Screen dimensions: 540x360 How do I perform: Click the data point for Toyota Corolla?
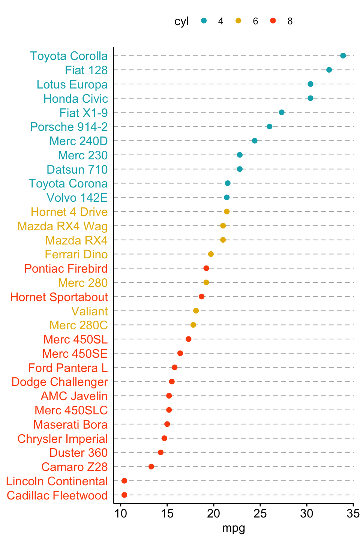[x=343, y=56]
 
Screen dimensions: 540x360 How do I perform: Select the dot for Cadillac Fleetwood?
[x=124, y=495]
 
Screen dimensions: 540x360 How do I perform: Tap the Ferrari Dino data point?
[x=211, y=254]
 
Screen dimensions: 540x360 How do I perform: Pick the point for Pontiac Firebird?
[x=206, y=268]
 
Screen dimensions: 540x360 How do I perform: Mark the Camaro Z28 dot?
[x=151, y=466]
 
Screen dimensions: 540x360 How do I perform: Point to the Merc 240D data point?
[x=255, y=141]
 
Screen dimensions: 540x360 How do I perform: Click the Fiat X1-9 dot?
[x=282, y=112]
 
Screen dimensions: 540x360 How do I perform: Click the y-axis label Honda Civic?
[x=75, y=99]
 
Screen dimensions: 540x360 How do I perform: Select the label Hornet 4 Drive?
[x=69, y=212]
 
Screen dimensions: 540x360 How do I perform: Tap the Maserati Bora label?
[x=70, y=424]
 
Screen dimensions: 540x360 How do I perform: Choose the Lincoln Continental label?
[x=57, y=481]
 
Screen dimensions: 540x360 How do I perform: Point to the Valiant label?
[x=90, y=311]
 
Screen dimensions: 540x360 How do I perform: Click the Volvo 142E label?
[x=77, y=198]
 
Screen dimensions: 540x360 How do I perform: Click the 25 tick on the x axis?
[x=260, y=513]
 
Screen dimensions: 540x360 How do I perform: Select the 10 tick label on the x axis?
[x=121, y=513]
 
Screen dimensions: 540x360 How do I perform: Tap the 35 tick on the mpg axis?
[x=353, y=513]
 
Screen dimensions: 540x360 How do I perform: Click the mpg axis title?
[x=234, y=528]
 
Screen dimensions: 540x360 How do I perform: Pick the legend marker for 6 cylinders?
[x=238, y=21]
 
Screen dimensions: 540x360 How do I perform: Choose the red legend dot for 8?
[x=273, y=21]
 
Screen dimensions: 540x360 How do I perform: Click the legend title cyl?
[x=181, y=21]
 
